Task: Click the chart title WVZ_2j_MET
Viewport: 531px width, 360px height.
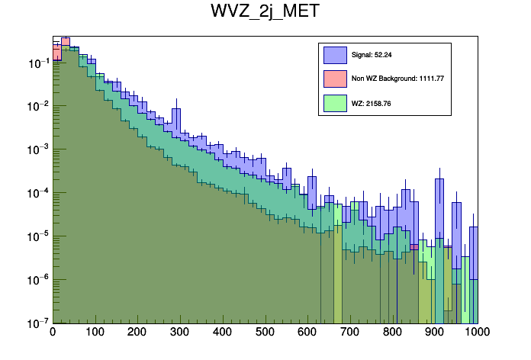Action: (x=265, y=12)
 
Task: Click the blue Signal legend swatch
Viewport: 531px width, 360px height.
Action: (x=335, y=55)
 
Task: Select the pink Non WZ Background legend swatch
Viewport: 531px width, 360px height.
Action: (x=335, y=79)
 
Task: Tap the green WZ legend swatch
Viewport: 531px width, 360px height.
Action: (x=335, y=102)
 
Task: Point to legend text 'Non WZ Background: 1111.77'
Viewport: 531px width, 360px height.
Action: (x=397, y=79)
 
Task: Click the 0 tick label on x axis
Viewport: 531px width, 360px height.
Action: (x=53, y=333)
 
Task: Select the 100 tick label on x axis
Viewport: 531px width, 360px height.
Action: (x=95, y=333)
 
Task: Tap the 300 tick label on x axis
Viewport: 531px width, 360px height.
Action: (x=180, y=333)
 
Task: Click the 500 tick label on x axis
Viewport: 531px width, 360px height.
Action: (x=265, y=333)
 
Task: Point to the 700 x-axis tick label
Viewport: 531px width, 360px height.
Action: (x=350, y=333)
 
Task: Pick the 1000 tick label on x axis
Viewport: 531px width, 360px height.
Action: (x=477, y=333)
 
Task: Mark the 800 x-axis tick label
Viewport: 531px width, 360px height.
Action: (x=393, y=333)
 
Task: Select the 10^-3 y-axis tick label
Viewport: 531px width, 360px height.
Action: (x=37, y=149)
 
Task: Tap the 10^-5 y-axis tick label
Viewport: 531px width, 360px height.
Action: (x=37, y=236)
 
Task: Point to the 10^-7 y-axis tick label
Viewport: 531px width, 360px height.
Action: (x=37, y=322)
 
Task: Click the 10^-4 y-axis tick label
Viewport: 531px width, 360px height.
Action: (x=37, y=193)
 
